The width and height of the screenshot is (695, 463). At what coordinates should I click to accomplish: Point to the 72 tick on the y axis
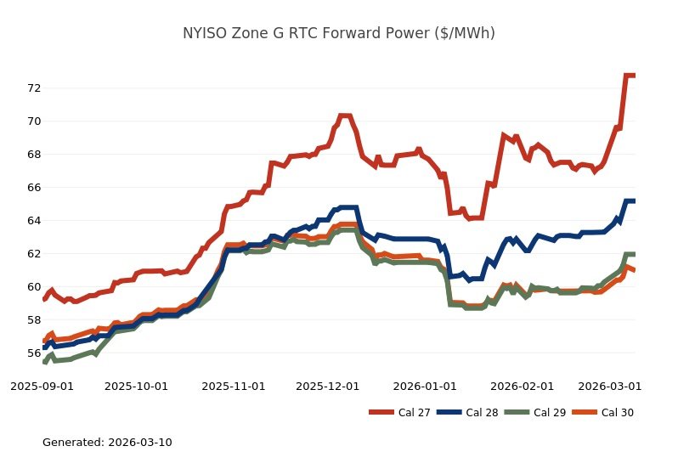pos(34,88)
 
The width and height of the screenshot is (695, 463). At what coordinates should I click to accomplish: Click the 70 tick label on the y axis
pos(34,121)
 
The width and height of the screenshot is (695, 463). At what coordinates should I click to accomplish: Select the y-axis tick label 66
pos(34,187)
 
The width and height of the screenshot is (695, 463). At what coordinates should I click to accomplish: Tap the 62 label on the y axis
pos(34,253)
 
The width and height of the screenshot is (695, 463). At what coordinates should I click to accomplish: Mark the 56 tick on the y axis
pos(34,353)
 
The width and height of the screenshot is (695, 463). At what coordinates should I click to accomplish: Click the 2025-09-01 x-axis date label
pos(42,386)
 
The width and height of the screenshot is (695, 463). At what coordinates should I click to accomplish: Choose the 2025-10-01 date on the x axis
pos(136,386)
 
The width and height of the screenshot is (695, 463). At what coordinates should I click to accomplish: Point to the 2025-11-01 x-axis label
pos(234,386)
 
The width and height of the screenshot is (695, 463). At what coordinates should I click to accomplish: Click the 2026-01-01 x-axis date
pos(425,386)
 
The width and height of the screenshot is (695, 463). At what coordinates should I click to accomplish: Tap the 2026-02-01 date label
pos(523,386)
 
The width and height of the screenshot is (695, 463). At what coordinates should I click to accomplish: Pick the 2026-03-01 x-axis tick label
pos(610,386)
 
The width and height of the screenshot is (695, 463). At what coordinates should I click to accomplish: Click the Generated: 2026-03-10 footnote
pos(107,443)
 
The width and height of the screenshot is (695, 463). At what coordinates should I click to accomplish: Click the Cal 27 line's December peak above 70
pos(344,116)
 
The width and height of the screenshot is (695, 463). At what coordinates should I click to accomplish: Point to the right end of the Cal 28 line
pos(635,200)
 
